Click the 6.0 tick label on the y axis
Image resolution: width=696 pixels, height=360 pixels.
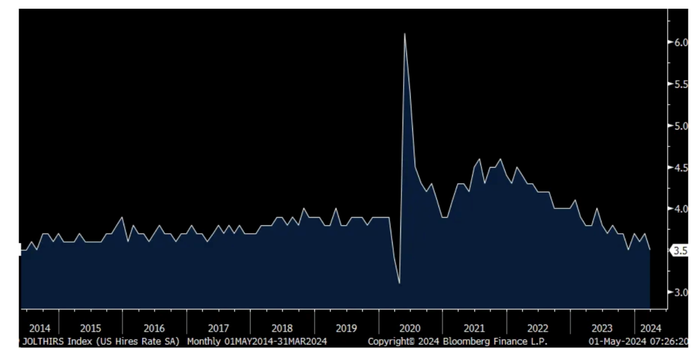[680, 42]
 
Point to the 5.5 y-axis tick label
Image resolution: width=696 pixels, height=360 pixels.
[680, 84]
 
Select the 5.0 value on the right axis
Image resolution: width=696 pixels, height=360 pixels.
[680, 126]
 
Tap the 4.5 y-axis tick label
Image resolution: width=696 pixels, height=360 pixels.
[680, 168]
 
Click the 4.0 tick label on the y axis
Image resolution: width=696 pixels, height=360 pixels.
[680, 209]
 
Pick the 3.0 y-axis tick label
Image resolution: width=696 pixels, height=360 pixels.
[680, 292]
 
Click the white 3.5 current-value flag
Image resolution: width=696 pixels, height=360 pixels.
[680, 251]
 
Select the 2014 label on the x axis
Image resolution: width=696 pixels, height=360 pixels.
[39, 328]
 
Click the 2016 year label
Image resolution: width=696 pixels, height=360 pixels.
[154, 328]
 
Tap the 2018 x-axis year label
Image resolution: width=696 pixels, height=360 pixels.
[282, 328]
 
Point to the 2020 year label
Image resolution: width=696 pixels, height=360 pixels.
[410, 328]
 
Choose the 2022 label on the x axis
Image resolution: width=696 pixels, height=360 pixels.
[538, 328]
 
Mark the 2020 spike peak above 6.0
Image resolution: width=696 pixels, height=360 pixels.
[404, 34]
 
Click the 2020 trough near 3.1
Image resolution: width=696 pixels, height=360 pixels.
[400, 283]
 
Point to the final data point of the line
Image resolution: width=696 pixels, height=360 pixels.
[650, 249]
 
